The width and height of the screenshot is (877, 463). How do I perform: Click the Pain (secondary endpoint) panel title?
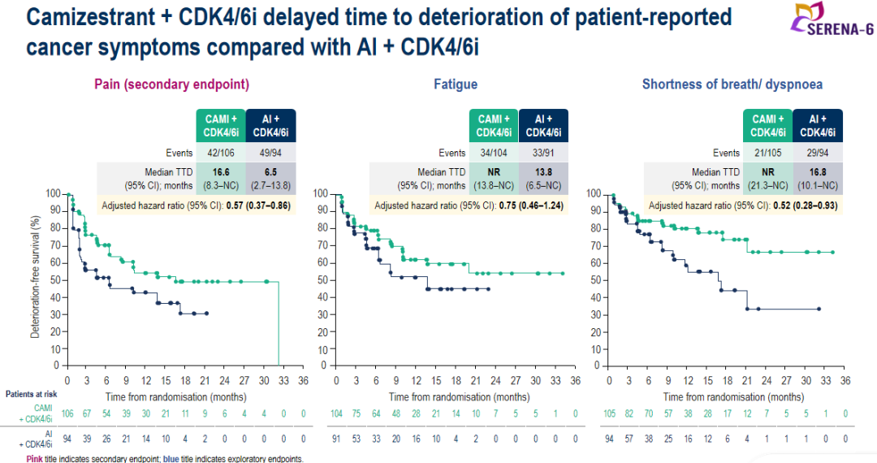[171, 84]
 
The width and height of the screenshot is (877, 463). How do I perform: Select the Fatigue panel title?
[456, 84]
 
